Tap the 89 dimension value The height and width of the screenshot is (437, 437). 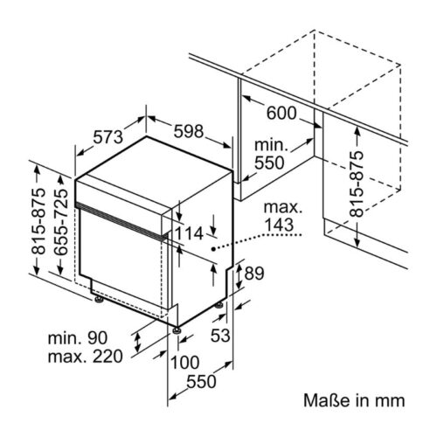point(253,274)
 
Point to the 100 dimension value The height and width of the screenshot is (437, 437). point(186,362)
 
